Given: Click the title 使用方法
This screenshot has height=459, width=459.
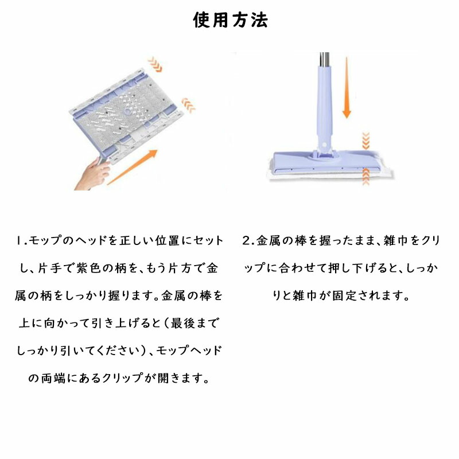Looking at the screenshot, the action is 231,20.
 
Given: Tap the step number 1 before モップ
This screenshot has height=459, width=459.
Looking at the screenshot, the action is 19,241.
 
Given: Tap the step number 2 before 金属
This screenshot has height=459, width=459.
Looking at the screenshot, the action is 246,240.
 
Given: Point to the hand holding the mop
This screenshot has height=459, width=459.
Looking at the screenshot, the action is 93,174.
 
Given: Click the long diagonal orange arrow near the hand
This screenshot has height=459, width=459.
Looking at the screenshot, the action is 133,167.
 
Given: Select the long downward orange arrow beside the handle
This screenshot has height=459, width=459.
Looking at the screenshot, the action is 347,88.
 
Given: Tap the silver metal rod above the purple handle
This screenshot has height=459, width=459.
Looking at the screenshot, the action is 324,60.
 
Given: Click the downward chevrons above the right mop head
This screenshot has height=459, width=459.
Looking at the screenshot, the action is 366,141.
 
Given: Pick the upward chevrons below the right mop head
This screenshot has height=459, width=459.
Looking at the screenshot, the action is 366,177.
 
